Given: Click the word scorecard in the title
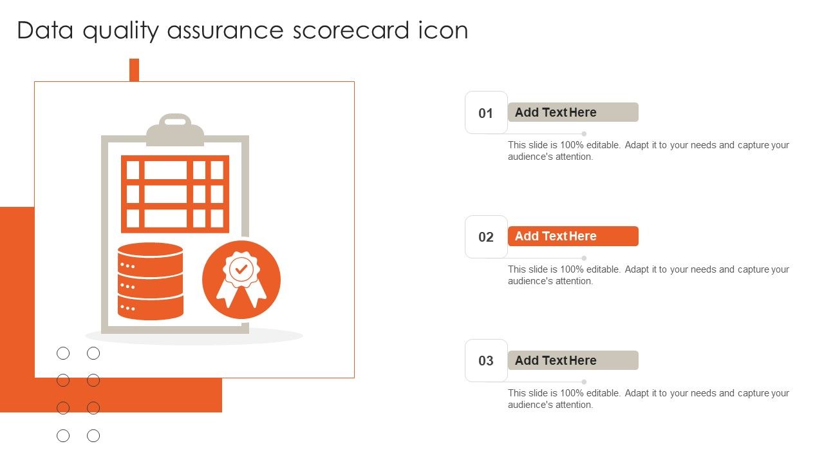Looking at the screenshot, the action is coord(351,30).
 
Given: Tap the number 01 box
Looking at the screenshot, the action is coord(486,112).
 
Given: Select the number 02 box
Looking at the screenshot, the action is coord(486,237).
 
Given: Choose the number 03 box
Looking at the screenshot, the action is coord(486,360).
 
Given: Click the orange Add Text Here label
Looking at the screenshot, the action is coord(573,236).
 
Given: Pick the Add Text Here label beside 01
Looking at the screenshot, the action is coord(573,112).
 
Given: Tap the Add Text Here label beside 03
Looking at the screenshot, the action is coord(573,360).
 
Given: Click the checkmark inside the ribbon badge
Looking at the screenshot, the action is coord(241,270).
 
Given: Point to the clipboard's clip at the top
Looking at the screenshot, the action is coord(175,130).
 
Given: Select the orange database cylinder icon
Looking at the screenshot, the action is coord(151,281).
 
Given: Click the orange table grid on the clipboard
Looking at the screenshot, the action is coord(175,194).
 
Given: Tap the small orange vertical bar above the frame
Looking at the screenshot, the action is coord(135,70).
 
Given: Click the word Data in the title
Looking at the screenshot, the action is coord(45,30).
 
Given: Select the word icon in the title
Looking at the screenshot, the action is coord(444,30).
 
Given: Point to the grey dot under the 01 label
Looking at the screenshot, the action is coord(584,133).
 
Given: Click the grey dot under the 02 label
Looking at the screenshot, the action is coord(584,258).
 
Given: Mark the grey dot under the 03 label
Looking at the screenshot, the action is coord(584,382).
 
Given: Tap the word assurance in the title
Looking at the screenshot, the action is coord(225,30).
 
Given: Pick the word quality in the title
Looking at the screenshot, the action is coord(120,31).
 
